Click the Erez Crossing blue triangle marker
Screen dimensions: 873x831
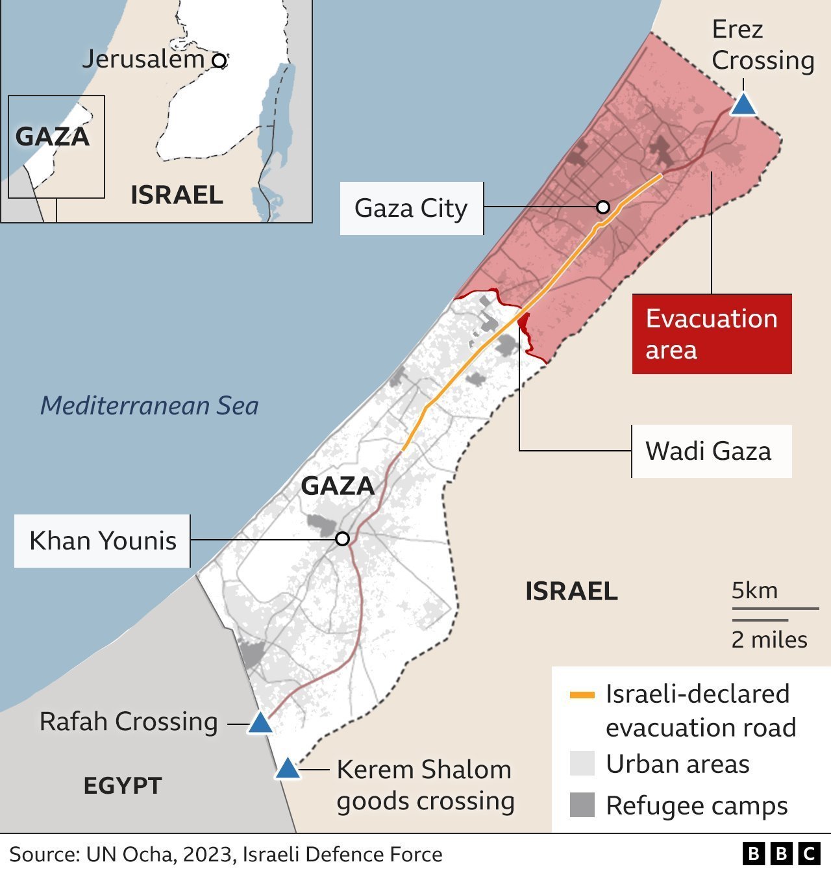[x=743, y=105]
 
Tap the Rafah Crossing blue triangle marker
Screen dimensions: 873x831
[x=260, y=723]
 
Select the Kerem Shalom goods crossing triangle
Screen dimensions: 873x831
[x=288, y=769]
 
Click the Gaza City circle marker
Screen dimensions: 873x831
[x=603, y=207]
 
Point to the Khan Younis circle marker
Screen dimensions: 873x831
[x=343, y=539]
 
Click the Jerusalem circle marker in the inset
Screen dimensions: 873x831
[x=220, y=61]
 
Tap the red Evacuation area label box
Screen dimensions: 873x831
[x=712, y=334]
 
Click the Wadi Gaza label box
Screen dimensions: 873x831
[x=712, y=451]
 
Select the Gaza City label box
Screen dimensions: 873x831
[x=411, y=209]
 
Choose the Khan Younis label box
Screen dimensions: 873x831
[x=103, y=540]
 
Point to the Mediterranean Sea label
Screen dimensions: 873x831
[x=149, y=406]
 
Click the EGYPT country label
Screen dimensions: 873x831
[x=122, y=785]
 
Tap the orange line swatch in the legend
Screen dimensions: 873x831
[x=582, y=695]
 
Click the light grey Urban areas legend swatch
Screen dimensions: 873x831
[x=582, y=764]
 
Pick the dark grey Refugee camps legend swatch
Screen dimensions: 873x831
[x=582, y=805]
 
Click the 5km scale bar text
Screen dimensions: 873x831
[x=754, y=590]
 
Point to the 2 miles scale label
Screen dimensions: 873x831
[x=769, y=640]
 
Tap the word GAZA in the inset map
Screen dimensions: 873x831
[x=52, y=136]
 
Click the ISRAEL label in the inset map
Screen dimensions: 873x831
[x=177, y=195]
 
